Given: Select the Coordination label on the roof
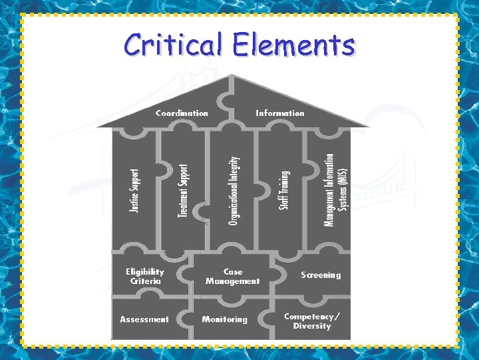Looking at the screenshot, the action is (182, 113).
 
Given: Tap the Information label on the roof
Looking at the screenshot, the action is (280, 113).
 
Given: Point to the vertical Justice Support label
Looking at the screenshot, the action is (134, 191).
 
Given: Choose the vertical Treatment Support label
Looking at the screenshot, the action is (183, 191).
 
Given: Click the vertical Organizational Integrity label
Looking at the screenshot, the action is (233, 190).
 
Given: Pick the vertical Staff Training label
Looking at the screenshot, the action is (283, 190).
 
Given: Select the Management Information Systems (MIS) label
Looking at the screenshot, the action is (335, 190).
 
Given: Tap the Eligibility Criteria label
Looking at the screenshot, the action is (144, 277).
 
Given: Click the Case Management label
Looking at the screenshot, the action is (233, 277).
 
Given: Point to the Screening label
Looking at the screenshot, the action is (321, 275).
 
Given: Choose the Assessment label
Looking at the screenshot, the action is (144, 319).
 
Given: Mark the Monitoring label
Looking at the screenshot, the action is (225, 319).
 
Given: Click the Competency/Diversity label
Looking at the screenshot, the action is (311, 321).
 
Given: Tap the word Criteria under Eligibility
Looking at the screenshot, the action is (145, 281).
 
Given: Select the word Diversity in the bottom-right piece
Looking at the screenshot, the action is (312, 326).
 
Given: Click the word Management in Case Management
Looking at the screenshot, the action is (233, 281).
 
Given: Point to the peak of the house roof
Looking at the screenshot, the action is (232, 74).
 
